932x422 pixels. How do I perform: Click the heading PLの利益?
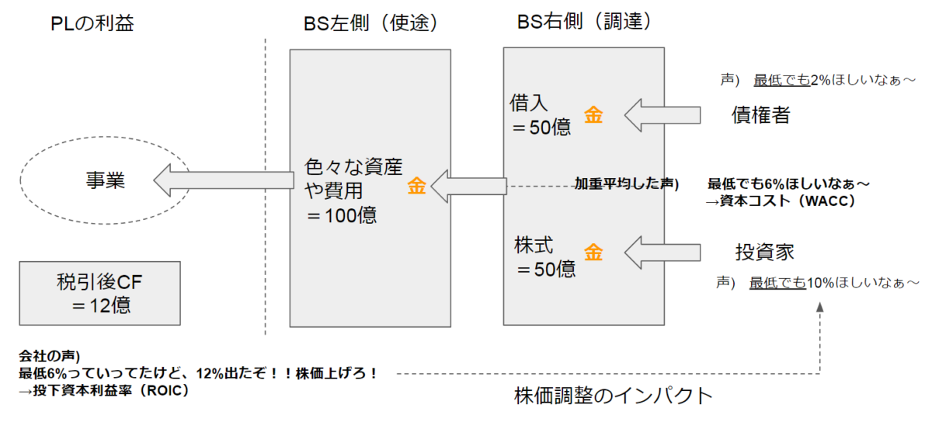(x=92, y=23)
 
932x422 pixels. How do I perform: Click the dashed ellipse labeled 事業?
(x=105, y=180)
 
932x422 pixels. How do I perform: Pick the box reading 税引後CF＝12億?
(x=100, y=292)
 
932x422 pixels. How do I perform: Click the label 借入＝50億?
(x=541, y=115)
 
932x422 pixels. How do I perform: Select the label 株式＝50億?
(x=544, y=257)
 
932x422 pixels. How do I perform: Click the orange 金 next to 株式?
(x=594, y=253)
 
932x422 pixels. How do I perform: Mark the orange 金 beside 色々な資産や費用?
(x=417, y=187)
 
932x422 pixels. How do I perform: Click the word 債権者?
(x=761, y=115)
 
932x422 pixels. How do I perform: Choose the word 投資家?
(x=764, y=253)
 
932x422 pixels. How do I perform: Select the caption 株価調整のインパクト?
(x=613, y=396)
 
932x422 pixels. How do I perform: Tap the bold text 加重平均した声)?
(x=626, y=184)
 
